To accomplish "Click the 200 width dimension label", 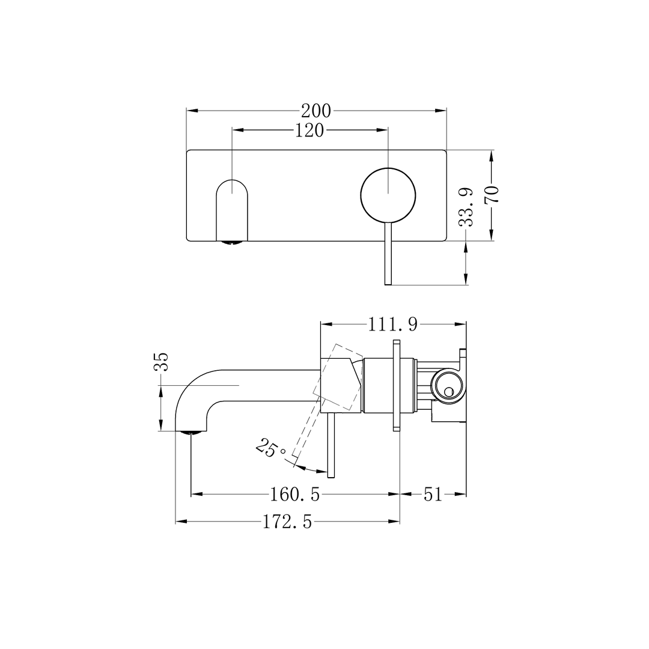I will point(316,111).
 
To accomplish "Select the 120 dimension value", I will point(309,130).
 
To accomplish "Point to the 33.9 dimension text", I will point(466,207).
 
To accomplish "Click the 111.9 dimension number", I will point(393,324).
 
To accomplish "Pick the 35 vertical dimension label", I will point(161,362).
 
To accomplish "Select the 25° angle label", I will point(270,449).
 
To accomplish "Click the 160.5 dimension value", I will point(294,495).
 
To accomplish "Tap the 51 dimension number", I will point(433,495).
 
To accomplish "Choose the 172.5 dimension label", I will point(287,522).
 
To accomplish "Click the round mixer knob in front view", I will point(388,193).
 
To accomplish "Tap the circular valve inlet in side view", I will point(447,385).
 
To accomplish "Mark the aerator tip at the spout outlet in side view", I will point(191,431).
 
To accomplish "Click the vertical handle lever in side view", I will point(331,445).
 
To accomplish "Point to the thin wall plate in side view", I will point(396,385).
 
